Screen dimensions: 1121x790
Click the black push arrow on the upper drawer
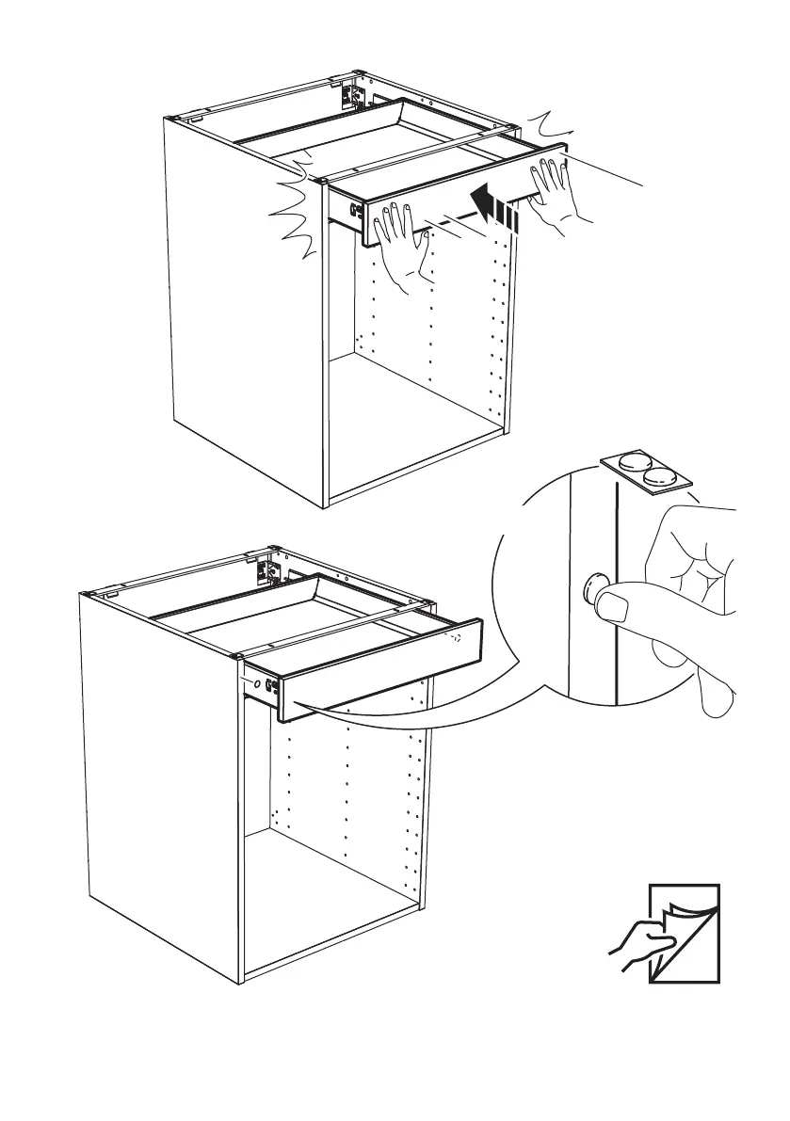(x=492, y=206)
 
